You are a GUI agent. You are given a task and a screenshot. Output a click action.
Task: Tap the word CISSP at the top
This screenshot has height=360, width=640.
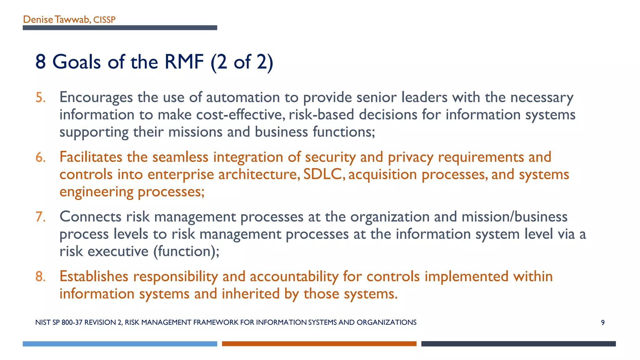(104, 20)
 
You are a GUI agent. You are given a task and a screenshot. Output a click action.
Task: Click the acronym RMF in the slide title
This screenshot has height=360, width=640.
(184, 62)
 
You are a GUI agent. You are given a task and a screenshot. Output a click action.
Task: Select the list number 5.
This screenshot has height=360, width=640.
(40, 97)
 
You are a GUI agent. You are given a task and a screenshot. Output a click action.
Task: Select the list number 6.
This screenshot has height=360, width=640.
(40, 157)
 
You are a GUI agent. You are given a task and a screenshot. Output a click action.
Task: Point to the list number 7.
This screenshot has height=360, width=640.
(40, 217)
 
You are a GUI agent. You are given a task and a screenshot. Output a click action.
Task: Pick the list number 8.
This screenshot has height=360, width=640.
(40, 277)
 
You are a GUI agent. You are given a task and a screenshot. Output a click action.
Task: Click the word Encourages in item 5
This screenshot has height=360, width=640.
(96, 97)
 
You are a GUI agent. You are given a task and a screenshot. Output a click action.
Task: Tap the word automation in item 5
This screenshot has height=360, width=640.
(243, 97)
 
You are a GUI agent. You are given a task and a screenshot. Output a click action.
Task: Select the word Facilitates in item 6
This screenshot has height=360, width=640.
(91, 157)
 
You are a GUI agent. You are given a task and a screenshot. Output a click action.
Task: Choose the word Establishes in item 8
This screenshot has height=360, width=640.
(94, 276)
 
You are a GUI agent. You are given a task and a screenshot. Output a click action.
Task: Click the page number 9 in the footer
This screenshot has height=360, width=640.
(602, 322)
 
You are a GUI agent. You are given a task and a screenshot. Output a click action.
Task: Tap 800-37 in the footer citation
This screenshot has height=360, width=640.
(72, 322)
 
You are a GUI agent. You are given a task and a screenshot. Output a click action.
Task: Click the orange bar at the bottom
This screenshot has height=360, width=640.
(319, 344)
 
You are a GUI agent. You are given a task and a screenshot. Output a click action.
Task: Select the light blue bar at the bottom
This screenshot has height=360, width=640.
(120, 344)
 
